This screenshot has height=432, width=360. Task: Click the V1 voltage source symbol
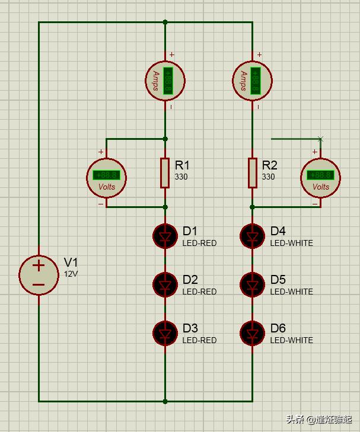39,274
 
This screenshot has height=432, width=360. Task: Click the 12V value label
71,274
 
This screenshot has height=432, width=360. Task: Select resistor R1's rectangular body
165,173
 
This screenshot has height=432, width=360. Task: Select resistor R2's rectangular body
252,173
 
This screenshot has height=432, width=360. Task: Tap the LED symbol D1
165,236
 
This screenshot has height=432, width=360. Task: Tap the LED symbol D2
165,285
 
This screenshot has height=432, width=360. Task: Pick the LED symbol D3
165,334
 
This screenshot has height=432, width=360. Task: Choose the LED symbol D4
252,236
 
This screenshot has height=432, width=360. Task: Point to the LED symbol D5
252,285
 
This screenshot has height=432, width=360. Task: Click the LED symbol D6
252,334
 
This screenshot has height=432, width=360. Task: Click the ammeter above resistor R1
165,80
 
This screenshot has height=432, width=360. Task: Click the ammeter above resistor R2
253,80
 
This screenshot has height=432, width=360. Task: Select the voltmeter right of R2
320,177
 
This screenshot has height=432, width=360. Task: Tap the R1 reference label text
183,165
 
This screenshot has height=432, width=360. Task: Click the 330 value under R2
268,177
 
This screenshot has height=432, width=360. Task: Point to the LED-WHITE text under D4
291,243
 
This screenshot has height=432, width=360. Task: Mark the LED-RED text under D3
199,340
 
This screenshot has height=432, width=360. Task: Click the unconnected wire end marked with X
320,139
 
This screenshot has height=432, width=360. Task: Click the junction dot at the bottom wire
165,401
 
